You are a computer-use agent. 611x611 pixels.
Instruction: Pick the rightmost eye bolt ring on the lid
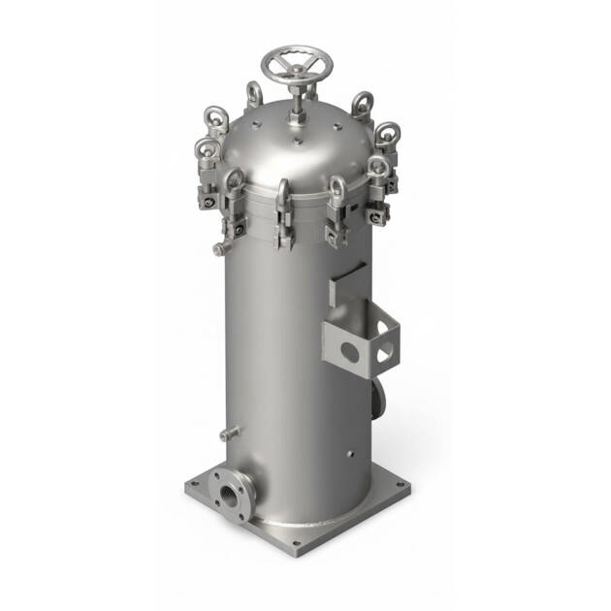(386, 133)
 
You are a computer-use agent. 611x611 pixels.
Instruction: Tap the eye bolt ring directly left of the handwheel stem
(254, 93)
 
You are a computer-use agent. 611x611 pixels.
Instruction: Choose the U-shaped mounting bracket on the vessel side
(364, 335)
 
